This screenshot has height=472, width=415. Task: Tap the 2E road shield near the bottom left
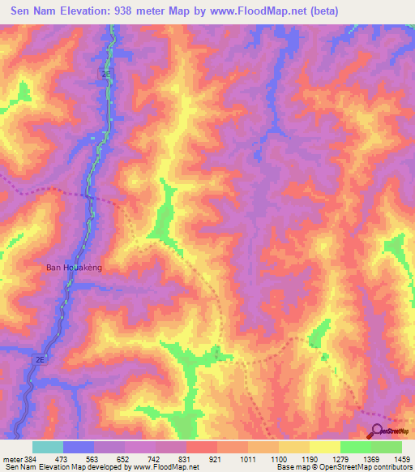41,357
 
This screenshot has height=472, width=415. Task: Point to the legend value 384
29,459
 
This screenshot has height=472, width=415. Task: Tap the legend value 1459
403,459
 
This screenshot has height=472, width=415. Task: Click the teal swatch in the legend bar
48,447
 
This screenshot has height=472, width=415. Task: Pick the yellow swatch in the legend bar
324,447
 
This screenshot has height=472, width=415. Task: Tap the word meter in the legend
11,459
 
